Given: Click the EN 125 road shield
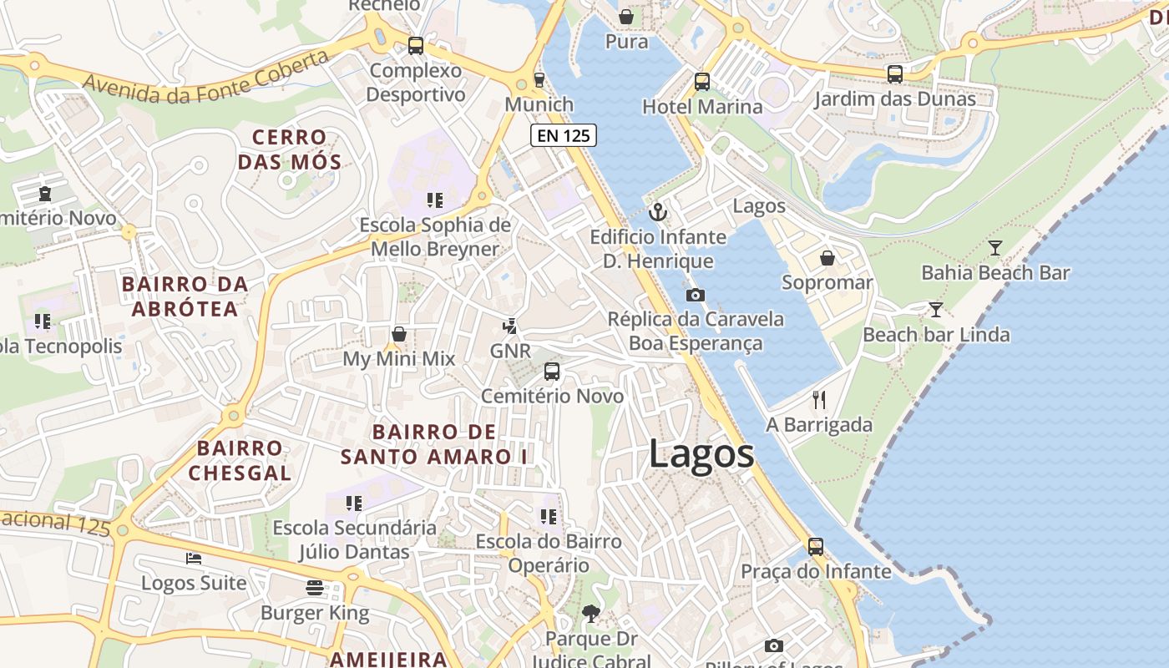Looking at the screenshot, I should click(564, 135).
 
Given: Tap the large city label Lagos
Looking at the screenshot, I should click(701, 454).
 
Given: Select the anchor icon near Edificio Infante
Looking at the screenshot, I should click(658, 212).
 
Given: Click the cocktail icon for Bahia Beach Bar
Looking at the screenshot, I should click(994, 248).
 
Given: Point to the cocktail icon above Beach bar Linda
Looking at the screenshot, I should click(936, 310).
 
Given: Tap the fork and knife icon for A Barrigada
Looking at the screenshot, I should click(818, 400).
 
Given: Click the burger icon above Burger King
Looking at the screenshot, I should click(315, 588).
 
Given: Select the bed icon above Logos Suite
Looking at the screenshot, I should click(194, 558).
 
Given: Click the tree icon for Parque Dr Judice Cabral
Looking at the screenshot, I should click(590, 614).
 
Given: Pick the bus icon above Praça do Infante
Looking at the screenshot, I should click(816, 547).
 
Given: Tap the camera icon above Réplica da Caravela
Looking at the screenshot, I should click(695, 295).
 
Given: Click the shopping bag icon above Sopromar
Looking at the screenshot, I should click(827, 258).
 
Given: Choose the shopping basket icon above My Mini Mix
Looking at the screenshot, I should click(399, 334).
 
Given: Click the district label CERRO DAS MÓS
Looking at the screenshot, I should click(290, 149).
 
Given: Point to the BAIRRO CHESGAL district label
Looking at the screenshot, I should click(240, 460).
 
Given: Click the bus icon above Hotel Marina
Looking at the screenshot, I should click(702, 82).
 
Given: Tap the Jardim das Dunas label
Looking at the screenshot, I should click(894, 99).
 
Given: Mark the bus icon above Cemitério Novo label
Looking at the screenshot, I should click(552, 372).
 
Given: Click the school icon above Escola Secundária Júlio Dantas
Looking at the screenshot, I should click(354, 504).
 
